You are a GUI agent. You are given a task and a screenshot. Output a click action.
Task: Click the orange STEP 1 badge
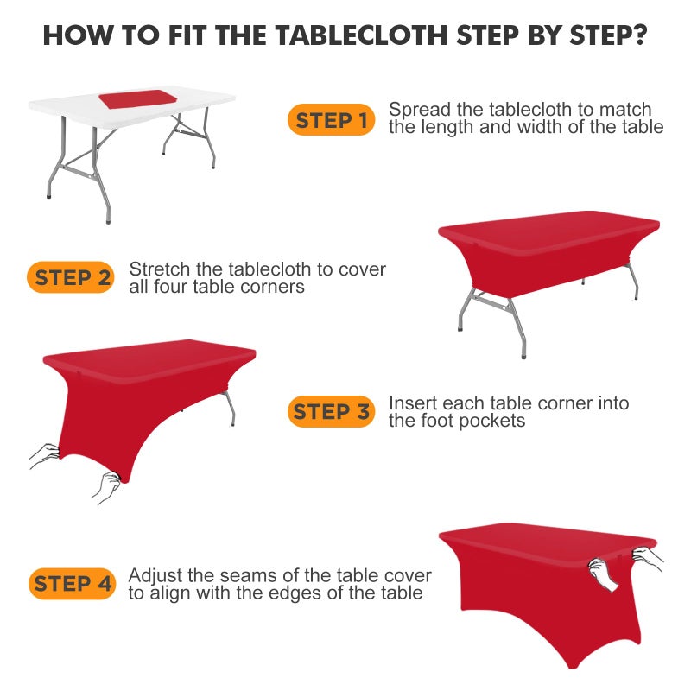[331, 120]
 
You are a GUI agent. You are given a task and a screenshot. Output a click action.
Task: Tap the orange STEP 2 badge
[73, 277]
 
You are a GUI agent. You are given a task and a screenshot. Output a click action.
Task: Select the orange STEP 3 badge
[331, 412]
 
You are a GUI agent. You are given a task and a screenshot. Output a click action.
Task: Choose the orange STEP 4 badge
[73, 584]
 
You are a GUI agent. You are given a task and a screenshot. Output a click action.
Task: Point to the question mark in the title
[639, 35]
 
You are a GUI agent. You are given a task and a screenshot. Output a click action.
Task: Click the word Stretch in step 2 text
[158, 269]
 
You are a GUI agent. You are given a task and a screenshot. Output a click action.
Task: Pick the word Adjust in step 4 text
[152, 575]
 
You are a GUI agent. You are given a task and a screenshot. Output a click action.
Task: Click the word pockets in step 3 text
[493, 422]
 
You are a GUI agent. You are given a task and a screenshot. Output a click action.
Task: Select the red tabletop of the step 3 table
[147, 357]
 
